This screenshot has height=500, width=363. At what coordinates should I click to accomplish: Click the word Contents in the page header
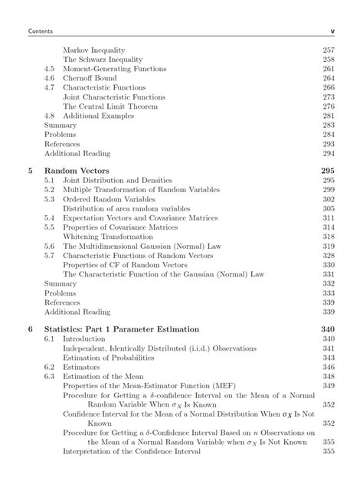pos(39,31)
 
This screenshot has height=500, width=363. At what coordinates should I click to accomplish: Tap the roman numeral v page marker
pos(332,31)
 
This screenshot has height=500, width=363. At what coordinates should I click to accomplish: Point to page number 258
pos(329,59)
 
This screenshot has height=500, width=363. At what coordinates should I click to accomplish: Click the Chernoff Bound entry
pos(90,78)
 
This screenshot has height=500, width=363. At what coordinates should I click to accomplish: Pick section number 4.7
pos(50,87)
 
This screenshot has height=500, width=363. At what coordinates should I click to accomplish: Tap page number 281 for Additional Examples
pos(329,116)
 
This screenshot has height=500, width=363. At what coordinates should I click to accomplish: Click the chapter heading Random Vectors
pos(77,171)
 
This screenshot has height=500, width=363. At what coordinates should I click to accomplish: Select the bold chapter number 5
pos(30,171)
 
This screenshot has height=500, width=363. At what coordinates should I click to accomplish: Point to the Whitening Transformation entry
pos(106,237)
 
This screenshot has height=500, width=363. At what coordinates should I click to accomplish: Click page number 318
pos(329,237)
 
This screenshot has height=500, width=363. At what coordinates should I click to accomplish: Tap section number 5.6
pos(50,247)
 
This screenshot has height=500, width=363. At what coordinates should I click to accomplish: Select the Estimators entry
pos(82,367)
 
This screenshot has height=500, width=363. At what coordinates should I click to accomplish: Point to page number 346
pos(329,367)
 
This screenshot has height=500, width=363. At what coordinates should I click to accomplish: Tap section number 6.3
pos(50,376)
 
